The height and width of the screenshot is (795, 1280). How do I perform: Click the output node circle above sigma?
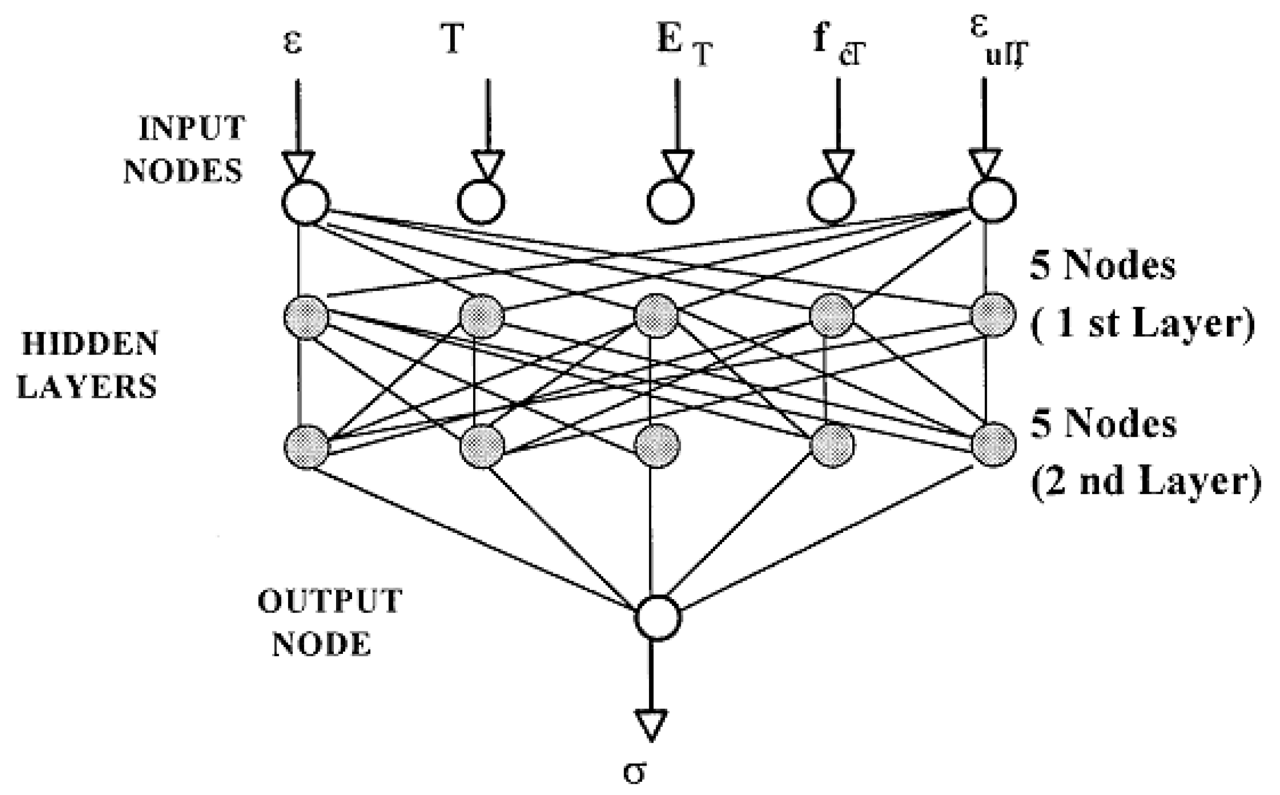click(x=657, y=618)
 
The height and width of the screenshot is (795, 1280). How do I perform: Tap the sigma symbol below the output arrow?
click(x=634, y=773)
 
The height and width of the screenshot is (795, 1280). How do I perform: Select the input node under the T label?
click(x=481, y=202)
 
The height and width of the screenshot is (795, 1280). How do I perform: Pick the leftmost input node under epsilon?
click(x=306, y=202)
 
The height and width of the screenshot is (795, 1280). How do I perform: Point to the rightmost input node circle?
click(x=992, y=201)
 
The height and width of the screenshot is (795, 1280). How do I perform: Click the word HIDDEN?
click(x=90, y=344)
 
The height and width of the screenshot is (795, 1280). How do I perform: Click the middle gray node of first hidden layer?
click(x=656, y=316)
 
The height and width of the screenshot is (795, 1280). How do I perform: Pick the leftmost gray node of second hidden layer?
click(x=306, y=447)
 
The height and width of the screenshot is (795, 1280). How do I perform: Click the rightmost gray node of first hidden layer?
click(x=992, y=315)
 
